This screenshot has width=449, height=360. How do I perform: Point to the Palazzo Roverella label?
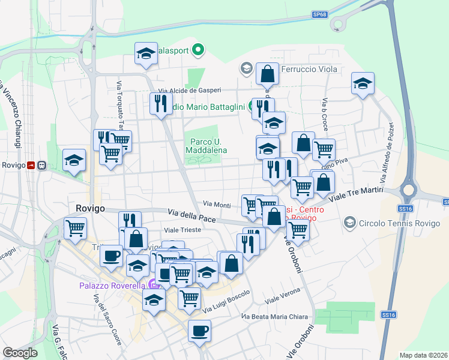click(x=112, y=286)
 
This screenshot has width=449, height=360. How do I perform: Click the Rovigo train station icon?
click(x=42, y=165)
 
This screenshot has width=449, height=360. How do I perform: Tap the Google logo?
click(x=20, y=353)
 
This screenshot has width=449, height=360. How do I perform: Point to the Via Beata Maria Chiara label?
click(x=275, y=316)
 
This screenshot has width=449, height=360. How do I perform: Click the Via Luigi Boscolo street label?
click(x=226, y=302)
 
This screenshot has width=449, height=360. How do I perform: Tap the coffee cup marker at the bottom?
click(x=199, y=330)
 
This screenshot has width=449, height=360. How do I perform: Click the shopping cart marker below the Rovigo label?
click(x=76, y=228)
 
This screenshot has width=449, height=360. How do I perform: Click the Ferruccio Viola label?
click(x=309, y=69)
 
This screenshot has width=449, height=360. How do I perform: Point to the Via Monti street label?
click(x=217, y=205)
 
